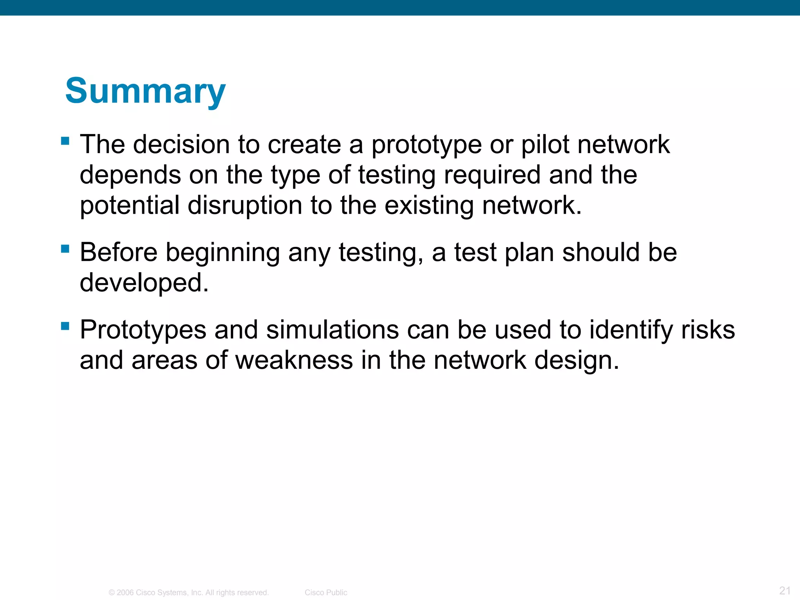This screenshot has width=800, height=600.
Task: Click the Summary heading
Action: [x=145, y=91]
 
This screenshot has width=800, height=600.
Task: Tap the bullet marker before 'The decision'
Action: [x=65, y=141]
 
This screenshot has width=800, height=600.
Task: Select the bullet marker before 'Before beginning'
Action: [x=65, y=248]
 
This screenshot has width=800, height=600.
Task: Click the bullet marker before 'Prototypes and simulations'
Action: [x=65, y=326]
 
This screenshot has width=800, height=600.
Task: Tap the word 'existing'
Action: [x=429, y=206]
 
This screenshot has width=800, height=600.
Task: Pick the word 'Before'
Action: [x=119, y=252]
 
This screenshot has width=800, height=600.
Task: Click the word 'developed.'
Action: [x=144, y=283]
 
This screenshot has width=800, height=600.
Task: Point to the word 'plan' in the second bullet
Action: [x=529, y=253]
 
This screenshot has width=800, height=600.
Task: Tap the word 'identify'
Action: [x=631, y=330]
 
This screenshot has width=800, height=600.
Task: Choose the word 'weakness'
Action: [x=294, y=360]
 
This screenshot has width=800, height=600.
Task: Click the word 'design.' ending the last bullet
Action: [x=577, y=361]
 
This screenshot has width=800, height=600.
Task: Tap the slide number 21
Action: [x=785, y=590]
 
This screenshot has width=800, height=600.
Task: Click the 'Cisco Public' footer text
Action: [x=326, y=593]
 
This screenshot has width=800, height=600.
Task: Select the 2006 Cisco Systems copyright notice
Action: [x=189, y=593]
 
